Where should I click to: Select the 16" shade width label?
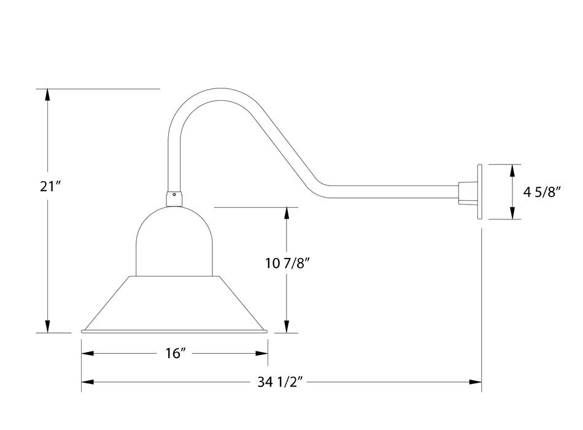175,353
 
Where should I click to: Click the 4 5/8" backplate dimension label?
542,192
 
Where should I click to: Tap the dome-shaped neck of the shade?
174,243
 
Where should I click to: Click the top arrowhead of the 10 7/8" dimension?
287,213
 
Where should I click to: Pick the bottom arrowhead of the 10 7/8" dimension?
287,327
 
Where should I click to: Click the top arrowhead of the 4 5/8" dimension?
511,170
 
